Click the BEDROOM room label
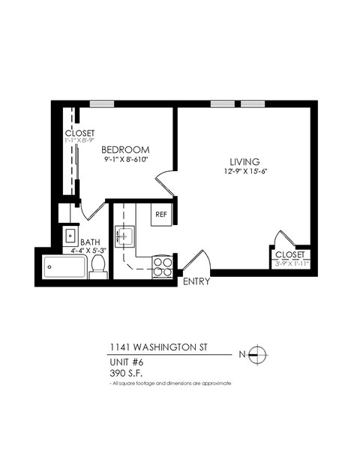click(x=126, y=149)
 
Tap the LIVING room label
click(x=244, y=161)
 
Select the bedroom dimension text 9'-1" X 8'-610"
click(x=127, y=160)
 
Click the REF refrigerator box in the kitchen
click(x=161, y=214)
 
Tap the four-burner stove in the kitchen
click(x=162, y=266)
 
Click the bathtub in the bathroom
click(x=64, y=266)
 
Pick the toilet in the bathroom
click(x=98, y=266)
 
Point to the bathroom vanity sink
click(x=70, y=236)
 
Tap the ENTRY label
click(x=196, y=282)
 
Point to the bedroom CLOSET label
click(x=79, y=133)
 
